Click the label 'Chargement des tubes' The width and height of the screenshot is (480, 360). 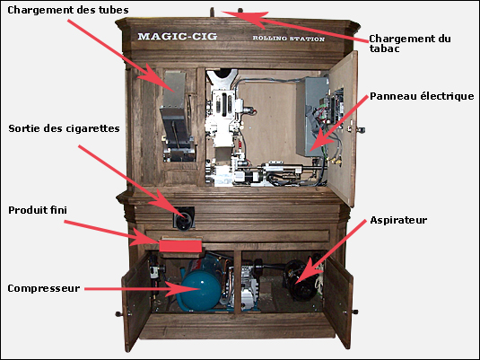(x=68, y=10)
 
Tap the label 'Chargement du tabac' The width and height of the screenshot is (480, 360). (x=410, y=43)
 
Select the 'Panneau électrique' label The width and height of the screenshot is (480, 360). (x=422, y=96)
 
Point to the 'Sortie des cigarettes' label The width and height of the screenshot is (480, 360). (x=64, y=128)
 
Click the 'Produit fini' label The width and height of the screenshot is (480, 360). (x=38, y=210)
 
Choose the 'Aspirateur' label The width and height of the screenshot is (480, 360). (x=398, y=220)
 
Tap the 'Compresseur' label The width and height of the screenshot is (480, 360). (x=44, y=288)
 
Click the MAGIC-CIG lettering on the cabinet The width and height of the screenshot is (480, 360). (x=178, y=37)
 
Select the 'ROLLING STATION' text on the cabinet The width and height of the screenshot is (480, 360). (x=288, y=39)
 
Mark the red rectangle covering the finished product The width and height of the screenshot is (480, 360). (x=180, y=246)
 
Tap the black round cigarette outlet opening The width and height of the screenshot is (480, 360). (x=185, y=217)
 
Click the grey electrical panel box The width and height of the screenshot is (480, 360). (x=311, y=117)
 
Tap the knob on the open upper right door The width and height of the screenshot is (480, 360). (x=361, y=130)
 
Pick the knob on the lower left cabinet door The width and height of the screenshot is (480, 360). (x=118, y=313)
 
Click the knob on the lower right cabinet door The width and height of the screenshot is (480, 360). (x=354, y=312)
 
